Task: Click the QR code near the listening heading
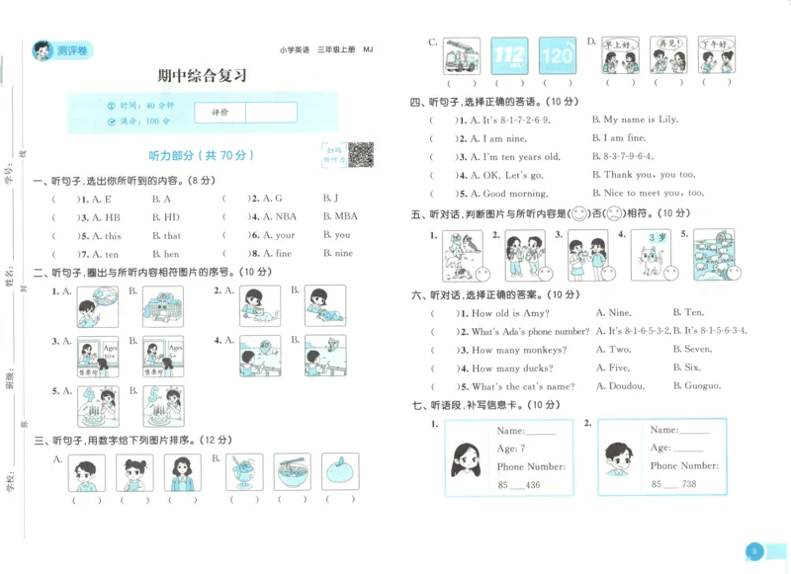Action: pos(360,155)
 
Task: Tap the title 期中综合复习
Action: pos(202,76)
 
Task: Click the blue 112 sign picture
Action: pos(509,56)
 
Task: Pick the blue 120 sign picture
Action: pos(557,56)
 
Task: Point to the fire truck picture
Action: pos(462,56)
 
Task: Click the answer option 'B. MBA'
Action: pos(340,216)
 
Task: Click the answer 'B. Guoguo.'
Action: pos(696,386)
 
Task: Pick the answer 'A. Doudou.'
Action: pos(620,386)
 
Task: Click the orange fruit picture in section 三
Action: pos(340,472)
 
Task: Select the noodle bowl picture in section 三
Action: pos(292,472)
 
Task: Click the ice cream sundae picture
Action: pos(244,472)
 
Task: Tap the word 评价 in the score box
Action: pos(220,113)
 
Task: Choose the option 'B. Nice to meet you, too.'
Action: pos(648,193)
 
